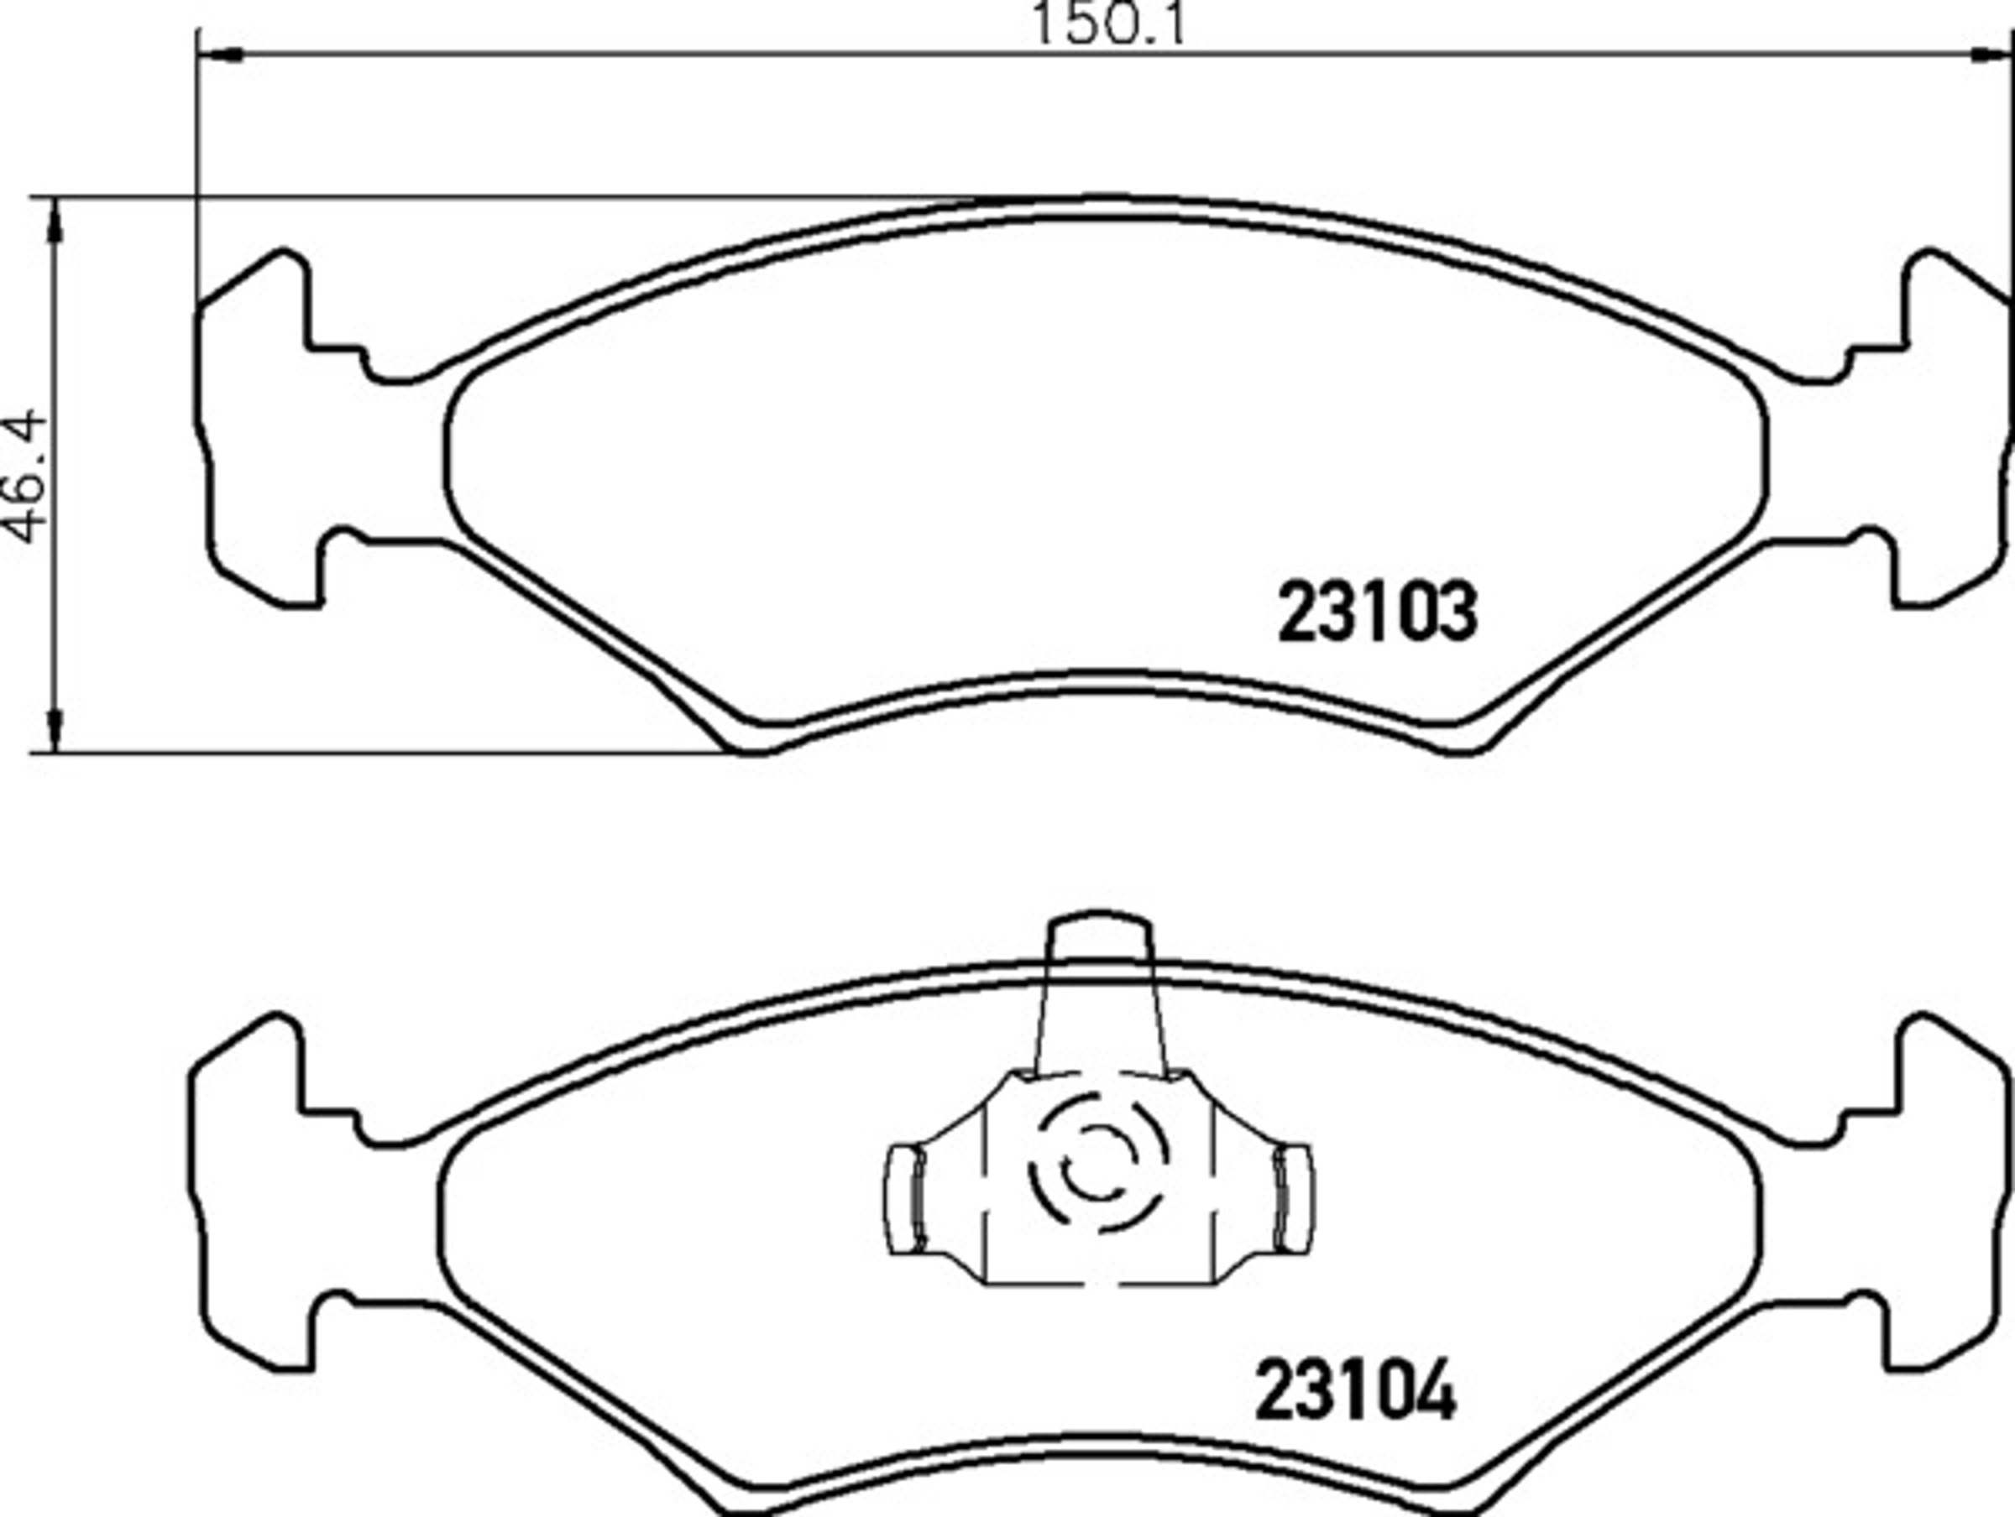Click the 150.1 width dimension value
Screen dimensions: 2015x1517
click(x=1108, y=25)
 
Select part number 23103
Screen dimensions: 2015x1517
click(x=1378, y=612)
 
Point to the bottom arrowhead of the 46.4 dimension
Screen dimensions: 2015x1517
click(x=56, y=729)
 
